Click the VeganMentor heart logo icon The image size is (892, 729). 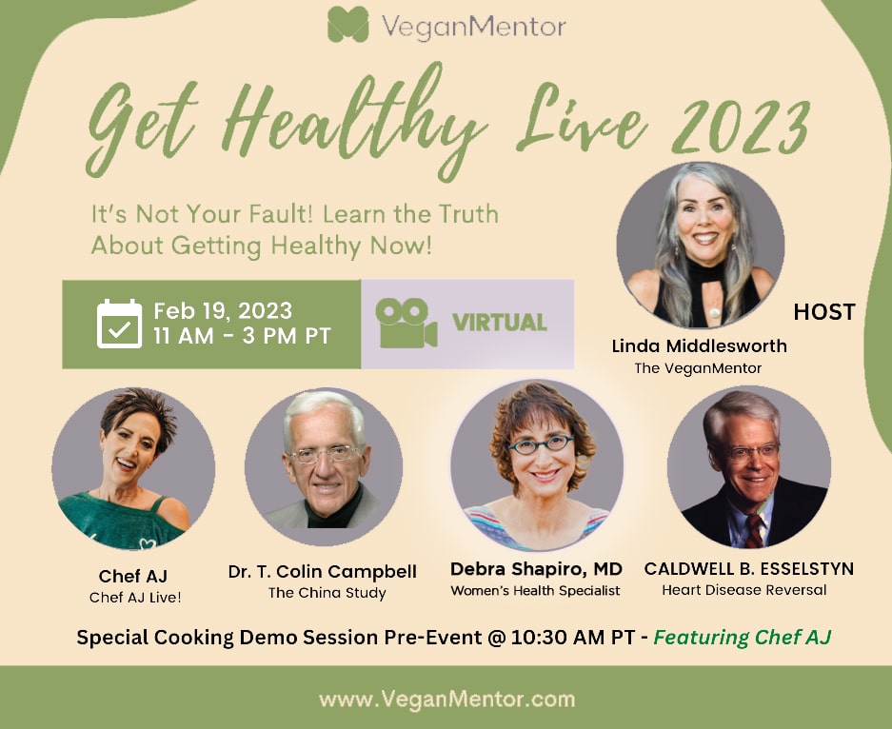[x=347, y=25]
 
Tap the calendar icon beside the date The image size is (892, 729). [x=119, y=324]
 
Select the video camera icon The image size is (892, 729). [x=406, y=323]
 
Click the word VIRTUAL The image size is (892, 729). [x=500, y=323]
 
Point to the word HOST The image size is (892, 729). [x=824, y=311]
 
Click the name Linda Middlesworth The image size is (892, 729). [x=699, y=345]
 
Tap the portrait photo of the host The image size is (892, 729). [x=701, y=246]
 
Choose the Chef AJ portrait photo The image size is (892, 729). [x=133, y=468]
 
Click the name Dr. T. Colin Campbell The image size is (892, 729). [x=322, y=571]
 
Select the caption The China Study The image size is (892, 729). [x=327, y=593]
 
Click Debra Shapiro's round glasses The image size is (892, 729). [x=541, y=444]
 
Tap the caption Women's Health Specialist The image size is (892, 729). [x=535, y=590]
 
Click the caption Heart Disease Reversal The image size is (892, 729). [x=744, y=590]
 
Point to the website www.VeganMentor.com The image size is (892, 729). [x=447, y=699]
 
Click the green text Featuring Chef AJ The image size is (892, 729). [x=743, y=638]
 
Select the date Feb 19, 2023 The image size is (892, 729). [x=223, y=311]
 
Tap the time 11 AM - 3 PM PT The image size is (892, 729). [x=242, y=336]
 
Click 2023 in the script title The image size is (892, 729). [x=742, y=128]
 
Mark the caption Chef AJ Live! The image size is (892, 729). [x=135, y=597]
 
